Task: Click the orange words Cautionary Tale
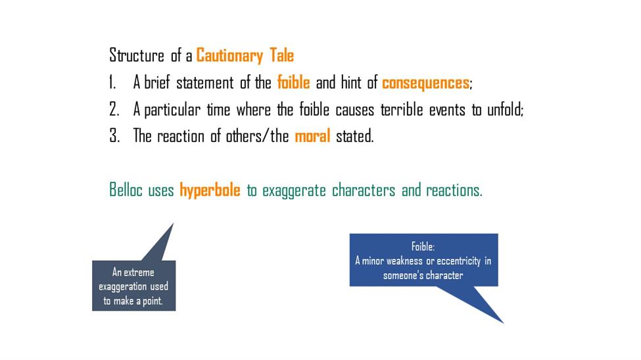click(245, 56)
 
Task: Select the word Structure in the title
click(137, 55)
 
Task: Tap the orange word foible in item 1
click(293, 82)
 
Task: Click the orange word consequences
click(425, 83)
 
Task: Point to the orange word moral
click(312, 136)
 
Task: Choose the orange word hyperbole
click(210, 191)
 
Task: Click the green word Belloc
click(126, 190)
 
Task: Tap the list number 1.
click(112, 83)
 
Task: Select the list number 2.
click(114, 110)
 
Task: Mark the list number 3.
click(114, 136)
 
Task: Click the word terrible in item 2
click(402, 110)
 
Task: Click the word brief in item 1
click(157, 82)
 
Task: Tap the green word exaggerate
click(294, 191)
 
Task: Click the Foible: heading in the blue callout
click(423, 246)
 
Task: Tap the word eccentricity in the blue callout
click(458, 261)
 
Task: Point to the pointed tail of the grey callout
click(174, 223)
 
